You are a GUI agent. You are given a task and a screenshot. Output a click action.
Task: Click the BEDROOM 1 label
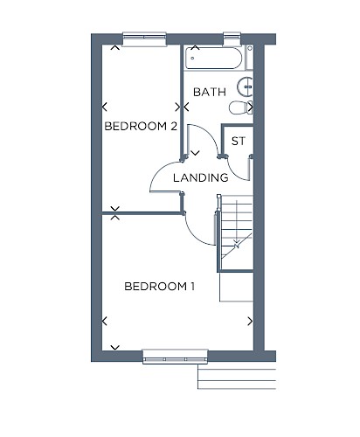pos(159,287)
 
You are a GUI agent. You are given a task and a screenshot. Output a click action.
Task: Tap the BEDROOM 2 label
pos(141,126)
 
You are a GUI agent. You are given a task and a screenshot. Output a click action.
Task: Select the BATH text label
pos(210,92)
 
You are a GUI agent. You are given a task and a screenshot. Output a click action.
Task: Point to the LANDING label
pos(201,177)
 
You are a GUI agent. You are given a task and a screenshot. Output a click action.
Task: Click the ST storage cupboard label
pos(239,141)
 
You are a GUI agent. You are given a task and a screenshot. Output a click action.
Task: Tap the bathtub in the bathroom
pos(214,58)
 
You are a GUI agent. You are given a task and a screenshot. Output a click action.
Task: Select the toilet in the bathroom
pos(240,108)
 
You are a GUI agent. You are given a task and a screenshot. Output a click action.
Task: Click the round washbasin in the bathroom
pos(245,87)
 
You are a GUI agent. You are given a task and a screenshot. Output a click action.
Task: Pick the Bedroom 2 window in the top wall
pos(144,39)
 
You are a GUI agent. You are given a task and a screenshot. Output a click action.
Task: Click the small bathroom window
pos(232,39)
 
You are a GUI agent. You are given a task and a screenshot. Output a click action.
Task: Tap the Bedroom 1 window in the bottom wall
pos(175,357)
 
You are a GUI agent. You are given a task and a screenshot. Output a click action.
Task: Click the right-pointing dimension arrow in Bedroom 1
pos(250,322)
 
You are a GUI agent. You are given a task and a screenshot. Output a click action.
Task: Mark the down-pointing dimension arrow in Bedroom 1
pos(115,347)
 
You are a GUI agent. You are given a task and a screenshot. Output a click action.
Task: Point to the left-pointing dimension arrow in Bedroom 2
pos(105,107)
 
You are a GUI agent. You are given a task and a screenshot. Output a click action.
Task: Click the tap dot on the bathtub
pos(192,59)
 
